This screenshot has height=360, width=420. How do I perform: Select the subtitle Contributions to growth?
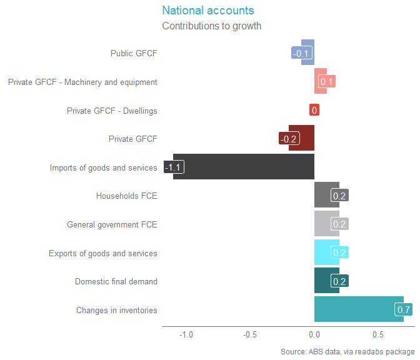211,26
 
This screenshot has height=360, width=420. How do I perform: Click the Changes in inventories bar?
353,309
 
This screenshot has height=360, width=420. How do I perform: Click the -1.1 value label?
173,167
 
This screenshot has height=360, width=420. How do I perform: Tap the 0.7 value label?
403,310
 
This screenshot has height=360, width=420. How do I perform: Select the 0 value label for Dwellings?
314,111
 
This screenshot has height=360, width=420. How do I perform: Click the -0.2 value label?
288,139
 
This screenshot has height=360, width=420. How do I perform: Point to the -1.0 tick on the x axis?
186,334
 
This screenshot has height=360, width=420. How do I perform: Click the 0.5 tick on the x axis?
377,334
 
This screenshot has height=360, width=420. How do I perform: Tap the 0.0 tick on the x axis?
314,334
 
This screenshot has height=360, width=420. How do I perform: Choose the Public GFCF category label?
134,54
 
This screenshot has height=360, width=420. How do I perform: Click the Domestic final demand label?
116,282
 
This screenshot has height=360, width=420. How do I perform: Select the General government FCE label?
112,224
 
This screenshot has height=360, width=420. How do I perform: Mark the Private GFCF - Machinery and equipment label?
82,82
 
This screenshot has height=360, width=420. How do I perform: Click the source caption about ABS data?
347,352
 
